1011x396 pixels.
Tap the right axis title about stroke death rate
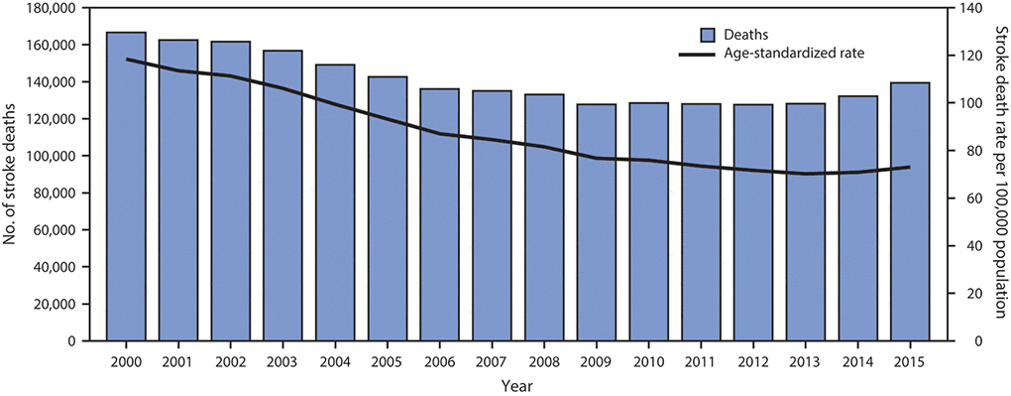[997, 175]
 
